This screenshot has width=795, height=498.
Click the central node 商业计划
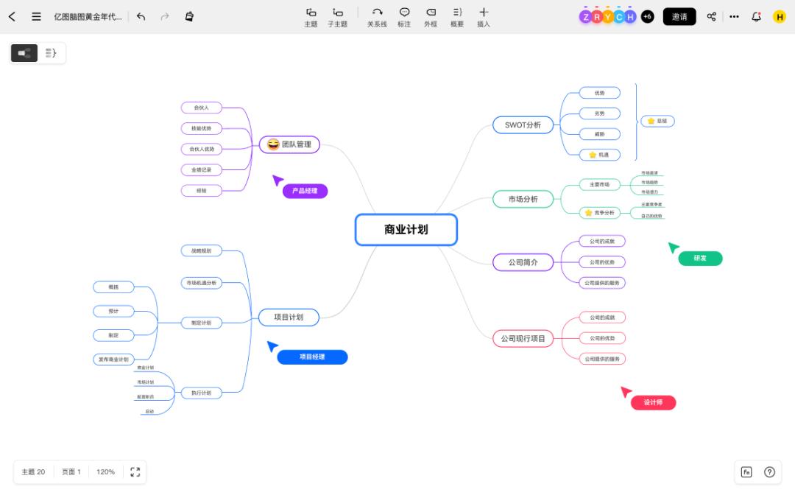pyautogui.click(x=406, y=229)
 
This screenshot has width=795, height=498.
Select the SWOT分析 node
pyautogui.click(x=523, y=125)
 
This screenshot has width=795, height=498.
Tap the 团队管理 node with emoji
pyautogui.click(x=289, y=144)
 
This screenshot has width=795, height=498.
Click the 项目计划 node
pyautogui.click(x=289, y=318)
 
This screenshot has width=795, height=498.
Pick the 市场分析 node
pyautogui.click(x=523, y=199)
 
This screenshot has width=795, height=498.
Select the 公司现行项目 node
pyautogui.click(x=523, y=339)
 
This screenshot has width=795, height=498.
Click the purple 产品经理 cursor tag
pyautogui.click(x=305, y=191)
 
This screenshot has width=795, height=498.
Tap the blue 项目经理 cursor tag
pyautogui.click(x=312, y=357)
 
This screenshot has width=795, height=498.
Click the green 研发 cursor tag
pyautogui.click(x=700, y=259)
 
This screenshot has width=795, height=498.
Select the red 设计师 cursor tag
pyautogui.click(x=653, y=402)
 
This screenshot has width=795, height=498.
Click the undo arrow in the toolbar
pyautogui.click(x=141, y=16)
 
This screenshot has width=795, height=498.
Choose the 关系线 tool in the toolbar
pyautogui.click(x=377, y=17)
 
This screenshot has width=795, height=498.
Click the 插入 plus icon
pyautogui.click(x=484, y=13)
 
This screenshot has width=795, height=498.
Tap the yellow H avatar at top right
pyautogui.click(x=779, y=16)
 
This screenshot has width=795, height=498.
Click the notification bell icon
pyautogui.click(x=756, y=16)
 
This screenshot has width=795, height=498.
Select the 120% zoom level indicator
pyautogui.click(x=105, y=471)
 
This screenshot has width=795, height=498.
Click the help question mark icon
pyautogui.click(x=769, y=472)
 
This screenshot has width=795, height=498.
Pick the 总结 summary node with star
pyautogui.click(x=657, y=120)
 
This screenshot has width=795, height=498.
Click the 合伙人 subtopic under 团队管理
pyautogui.click(x=201, y=108)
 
